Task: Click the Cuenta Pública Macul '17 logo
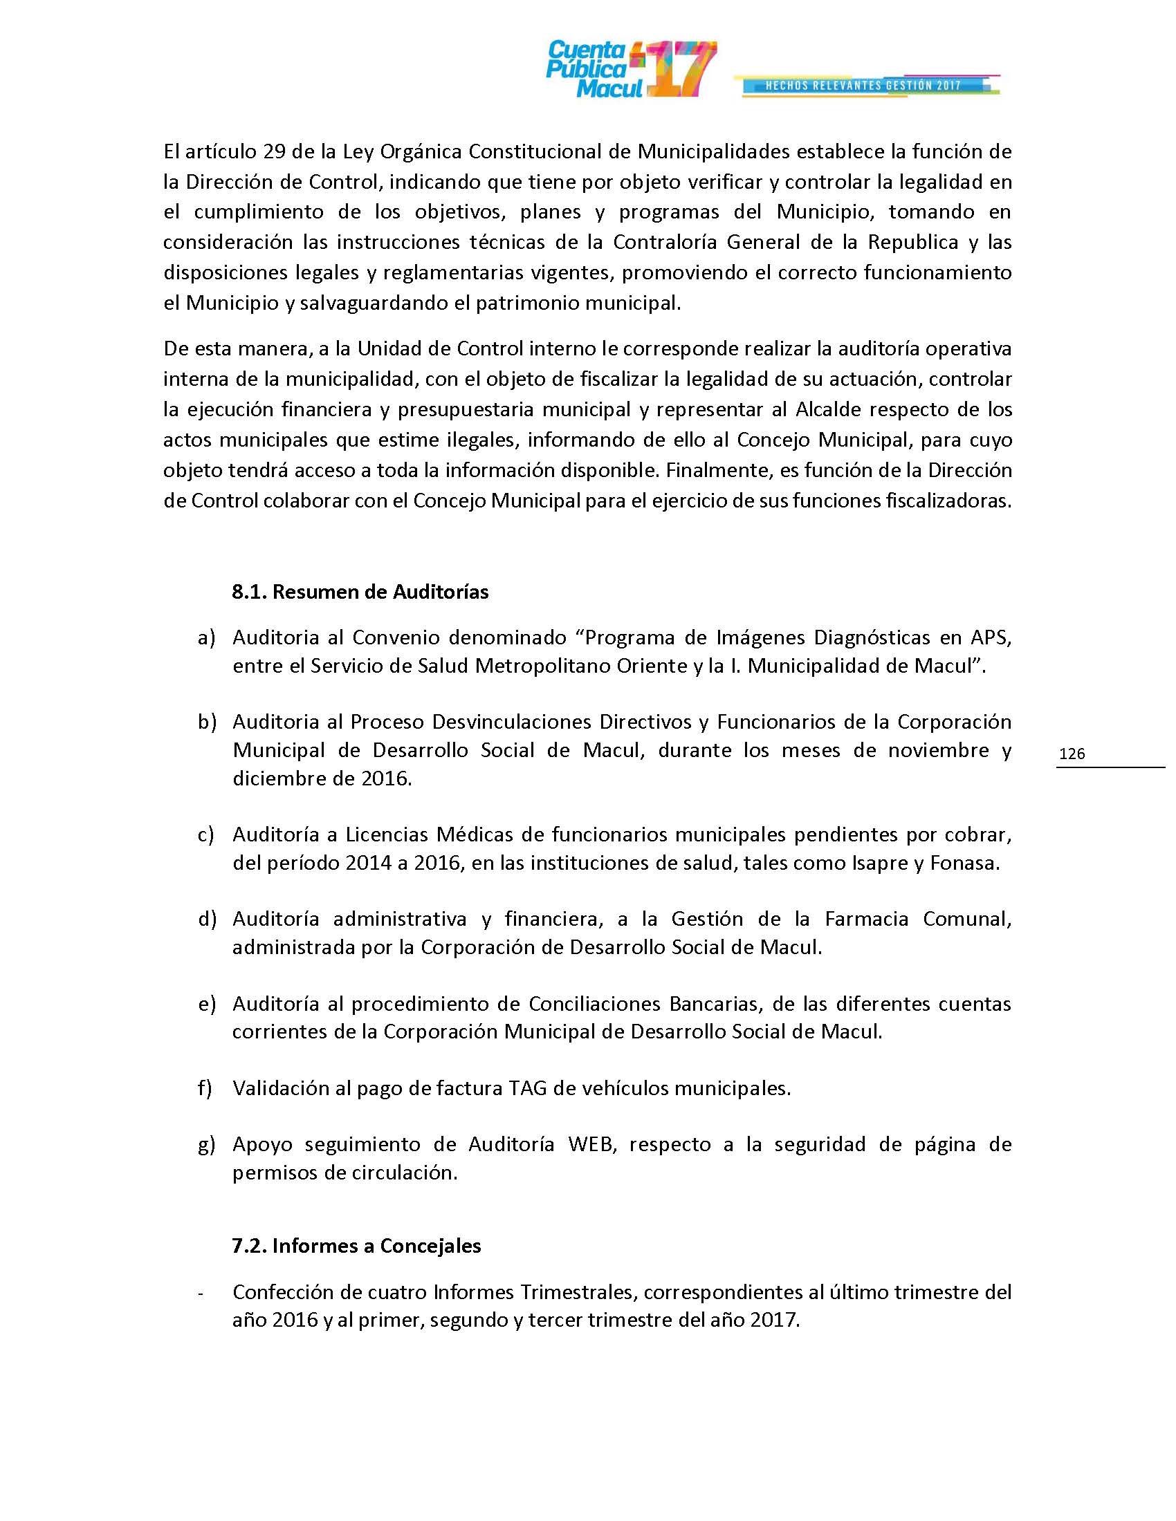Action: (630, 69)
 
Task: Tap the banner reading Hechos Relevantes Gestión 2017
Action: (864, 86)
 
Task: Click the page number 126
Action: (1072, 753)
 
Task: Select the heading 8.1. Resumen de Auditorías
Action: (360, 592)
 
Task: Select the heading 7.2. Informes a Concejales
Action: (356, 1245)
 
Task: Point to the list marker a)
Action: (206, 637)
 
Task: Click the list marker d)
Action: (207, 919)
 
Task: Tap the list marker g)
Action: (206, 1144)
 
